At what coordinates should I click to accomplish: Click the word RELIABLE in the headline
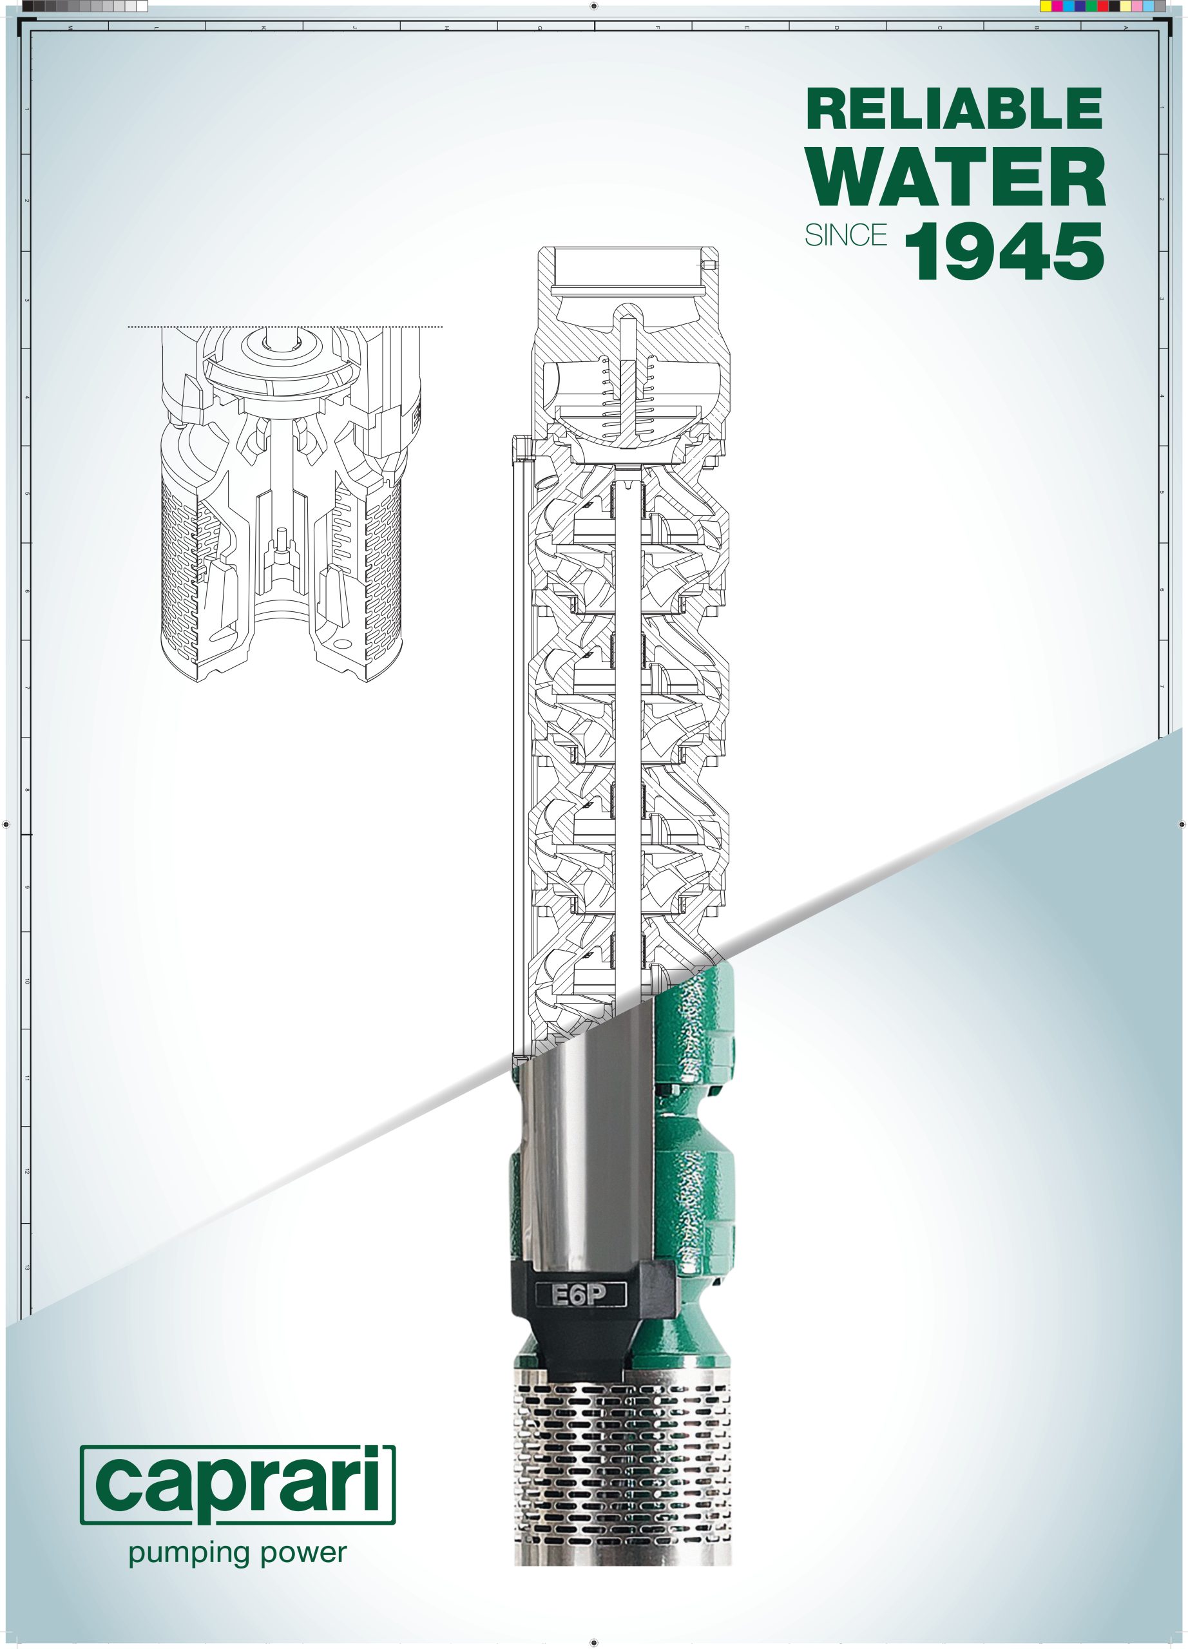[x=955, y=108]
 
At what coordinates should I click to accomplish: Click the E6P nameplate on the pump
[x=580, y=1294]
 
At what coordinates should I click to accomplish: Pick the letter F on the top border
[x=656, y=28]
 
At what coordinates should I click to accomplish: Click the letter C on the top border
[x=939, y=28]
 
